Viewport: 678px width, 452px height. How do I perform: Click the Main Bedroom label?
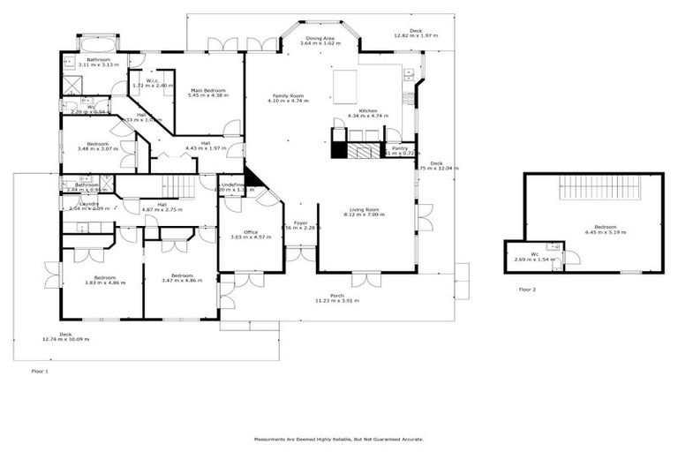208,90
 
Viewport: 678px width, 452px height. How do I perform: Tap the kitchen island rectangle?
345,87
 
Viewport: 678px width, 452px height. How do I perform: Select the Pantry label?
400,148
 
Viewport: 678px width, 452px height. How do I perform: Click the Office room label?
251,232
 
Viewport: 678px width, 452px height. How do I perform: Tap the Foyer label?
301,222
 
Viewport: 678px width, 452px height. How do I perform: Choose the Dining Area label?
320,38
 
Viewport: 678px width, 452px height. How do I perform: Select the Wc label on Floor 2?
535,254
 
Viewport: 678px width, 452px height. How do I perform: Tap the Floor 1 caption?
40,371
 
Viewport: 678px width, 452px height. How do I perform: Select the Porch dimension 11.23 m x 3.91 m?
337,301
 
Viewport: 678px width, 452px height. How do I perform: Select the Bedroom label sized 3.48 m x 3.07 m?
97,144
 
